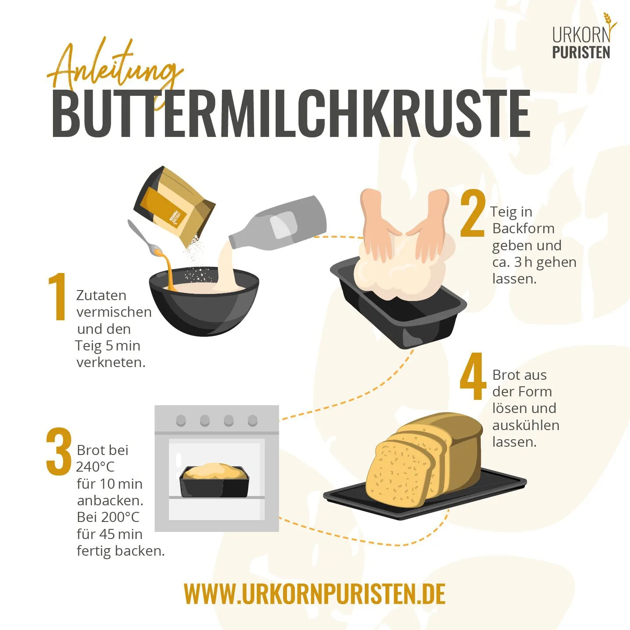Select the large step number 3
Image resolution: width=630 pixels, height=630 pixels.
pyautogui.click(x=59, y=451)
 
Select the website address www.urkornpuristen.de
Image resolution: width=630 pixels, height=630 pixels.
pyautogui.click(x=315, y=594)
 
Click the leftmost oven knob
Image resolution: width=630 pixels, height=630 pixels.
pyautogui.click(x=181, y=421)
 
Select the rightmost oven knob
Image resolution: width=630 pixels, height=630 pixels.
pyautogui.click(x=252, y=421)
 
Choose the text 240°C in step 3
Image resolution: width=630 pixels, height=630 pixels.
pyautogui.click(x=95, y=467)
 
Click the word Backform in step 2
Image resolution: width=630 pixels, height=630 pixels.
pyautogui.click(x=523, y=228)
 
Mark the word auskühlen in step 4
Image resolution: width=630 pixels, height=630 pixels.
pyautogui.click(x=525, y=425)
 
